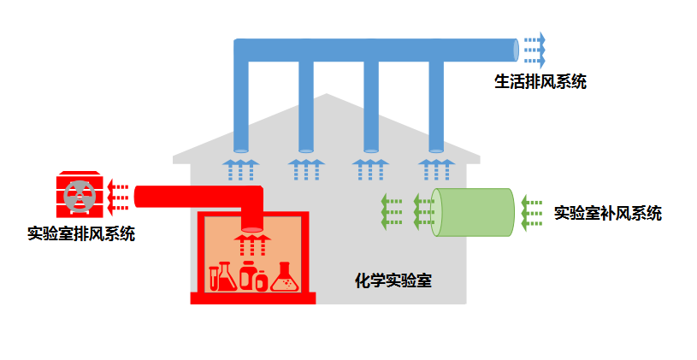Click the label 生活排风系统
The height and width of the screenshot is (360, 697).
coord(540,82)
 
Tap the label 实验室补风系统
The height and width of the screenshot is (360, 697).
coord(608,213)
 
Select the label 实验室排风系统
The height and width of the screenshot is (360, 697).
coord(81,233)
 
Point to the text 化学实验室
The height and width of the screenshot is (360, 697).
coord(393,280)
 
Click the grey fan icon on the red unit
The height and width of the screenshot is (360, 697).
coord(80,195)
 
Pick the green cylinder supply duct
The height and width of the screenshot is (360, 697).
coord(473,212)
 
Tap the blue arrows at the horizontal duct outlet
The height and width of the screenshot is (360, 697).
coord(535,50)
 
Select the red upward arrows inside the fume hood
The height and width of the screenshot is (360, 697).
coord(252,245)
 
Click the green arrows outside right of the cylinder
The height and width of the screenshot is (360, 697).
coord(532,213)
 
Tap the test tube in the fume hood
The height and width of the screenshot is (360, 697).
coord(214,278)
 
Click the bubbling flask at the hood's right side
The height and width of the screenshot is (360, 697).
coord(285,277)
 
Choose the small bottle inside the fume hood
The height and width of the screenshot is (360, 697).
coord(262,280)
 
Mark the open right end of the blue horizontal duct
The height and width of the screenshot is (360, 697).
coord(516,50)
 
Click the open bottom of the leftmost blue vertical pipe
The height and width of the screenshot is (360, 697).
coord(241,150)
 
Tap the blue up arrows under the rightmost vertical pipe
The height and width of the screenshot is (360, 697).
coord(436,169)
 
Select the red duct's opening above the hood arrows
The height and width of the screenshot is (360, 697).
coord(252,229)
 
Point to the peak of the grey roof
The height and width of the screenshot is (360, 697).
coord(327,94)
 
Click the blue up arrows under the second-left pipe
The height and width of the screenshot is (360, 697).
coord(306,169)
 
